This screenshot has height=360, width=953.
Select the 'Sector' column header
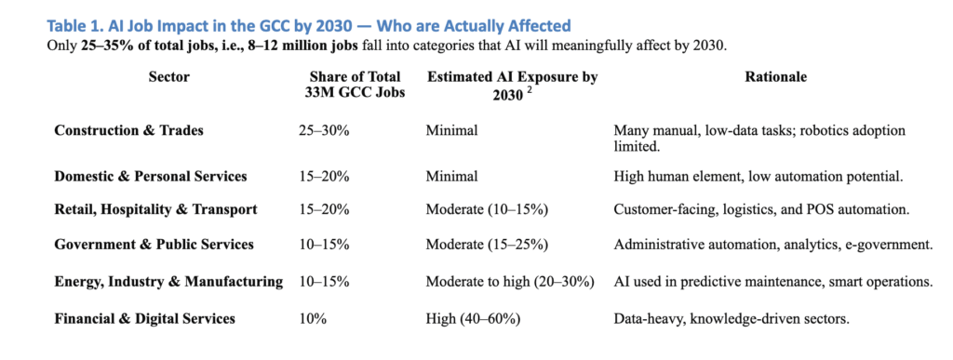(x=168, y=77)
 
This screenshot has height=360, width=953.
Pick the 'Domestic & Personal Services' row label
(x=150, y=177)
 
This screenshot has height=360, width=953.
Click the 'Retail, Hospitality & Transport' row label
(x=155, y=210)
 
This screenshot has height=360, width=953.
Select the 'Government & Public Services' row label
(x=154, y=246)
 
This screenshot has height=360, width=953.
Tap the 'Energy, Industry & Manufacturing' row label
(x=168, y=282)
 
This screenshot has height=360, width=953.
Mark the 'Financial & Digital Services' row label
(x=144, y=318)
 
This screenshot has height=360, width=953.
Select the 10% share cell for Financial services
(x=311, y=318)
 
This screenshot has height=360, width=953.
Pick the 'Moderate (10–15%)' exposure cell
(x=487, y=210)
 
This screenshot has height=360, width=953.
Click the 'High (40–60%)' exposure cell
(x=473, y=318)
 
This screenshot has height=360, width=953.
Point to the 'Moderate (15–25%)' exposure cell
(x=487, y=246)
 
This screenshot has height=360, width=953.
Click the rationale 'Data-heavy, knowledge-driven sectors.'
(x=732, y=318)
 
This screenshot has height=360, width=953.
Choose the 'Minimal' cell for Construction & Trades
(x=451, y=131)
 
